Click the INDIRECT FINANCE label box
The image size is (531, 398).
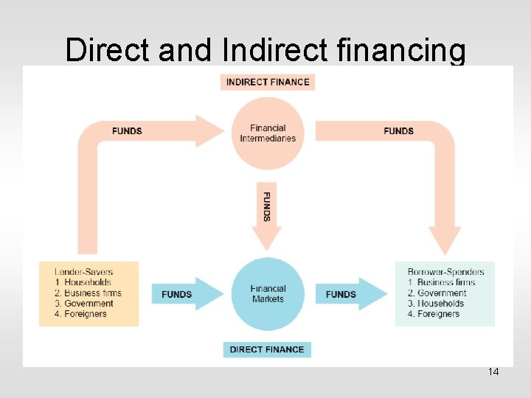(x=268, y=82)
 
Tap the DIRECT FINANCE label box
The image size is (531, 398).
(x=267, y=349)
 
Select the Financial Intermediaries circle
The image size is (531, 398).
(x=268, y=133)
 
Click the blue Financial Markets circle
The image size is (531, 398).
(x=268, y=294)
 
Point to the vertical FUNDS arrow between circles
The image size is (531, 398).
(x=267, y=210)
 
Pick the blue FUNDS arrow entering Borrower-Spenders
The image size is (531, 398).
(x=350, y=294)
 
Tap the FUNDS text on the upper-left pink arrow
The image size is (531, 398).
(x=127, y=131)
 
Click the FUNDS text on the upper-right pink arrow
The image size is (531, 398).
(x=399, y=131)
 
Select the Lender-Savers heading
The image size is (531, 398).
(x=84, y=272)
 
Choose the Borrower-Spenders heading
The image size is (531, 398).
(x=445, y=272)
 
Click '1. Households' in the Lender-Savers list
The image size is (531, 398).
(x=83, y=282)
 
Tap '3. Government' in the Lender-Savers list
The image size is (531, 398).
(x=84, y=304)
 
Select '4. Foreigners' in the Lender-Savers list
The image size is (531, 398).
(x=81, y=314)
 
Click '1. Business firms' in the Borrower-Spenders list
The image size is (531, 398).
(x=442, y=282)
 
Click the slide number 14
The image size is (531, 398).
(x=493, y=372)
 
